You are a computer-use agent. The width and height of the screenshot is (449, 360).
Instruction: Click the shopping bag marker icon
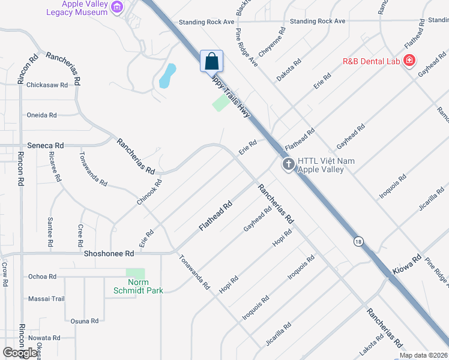click(x=211, y=61)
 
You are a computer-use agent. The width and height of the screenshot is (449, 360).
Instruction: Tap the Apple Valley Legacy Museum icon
click(x=118, y=8)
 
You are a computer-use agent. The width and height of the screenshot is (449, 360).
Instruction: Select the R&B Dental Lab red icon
click(x=409, y=60)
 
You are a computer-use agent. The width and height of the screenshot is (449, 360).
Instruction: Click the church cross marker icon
click(x=288, y=164)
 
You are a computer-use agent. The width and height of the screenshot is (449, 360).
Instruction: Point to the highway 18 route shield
click(x=358, y=241)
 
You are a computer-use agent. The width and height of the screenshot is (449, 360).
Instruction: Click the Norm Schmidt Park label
click(x=138, y=286)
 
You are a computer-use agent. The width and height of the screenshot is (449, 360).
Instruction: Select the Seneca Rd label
click(x=46, y=145)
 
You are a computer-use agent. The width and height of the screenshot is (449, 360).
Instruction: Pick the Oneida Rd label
click(x=41, y=115)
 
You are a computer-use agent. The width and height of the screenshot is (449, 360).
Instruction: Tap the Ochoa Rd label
click(x=42, y=277)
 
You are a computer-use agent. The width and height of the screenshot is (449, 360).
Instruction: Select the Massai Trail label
click(x=46, y=298)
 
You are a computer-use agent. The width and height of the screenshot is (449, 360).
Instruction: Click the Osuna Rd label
click(x=85, y=321)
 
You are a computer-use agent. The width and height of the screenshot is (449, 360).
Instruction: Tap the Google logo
click(x=20, y=353)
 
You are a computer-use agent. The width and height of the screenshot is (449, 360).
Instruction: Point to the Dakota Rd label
click(x=289, y=70)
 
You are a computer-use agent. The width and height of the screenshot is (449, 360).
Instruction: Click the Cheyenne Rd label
click(x=271, y=41)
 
